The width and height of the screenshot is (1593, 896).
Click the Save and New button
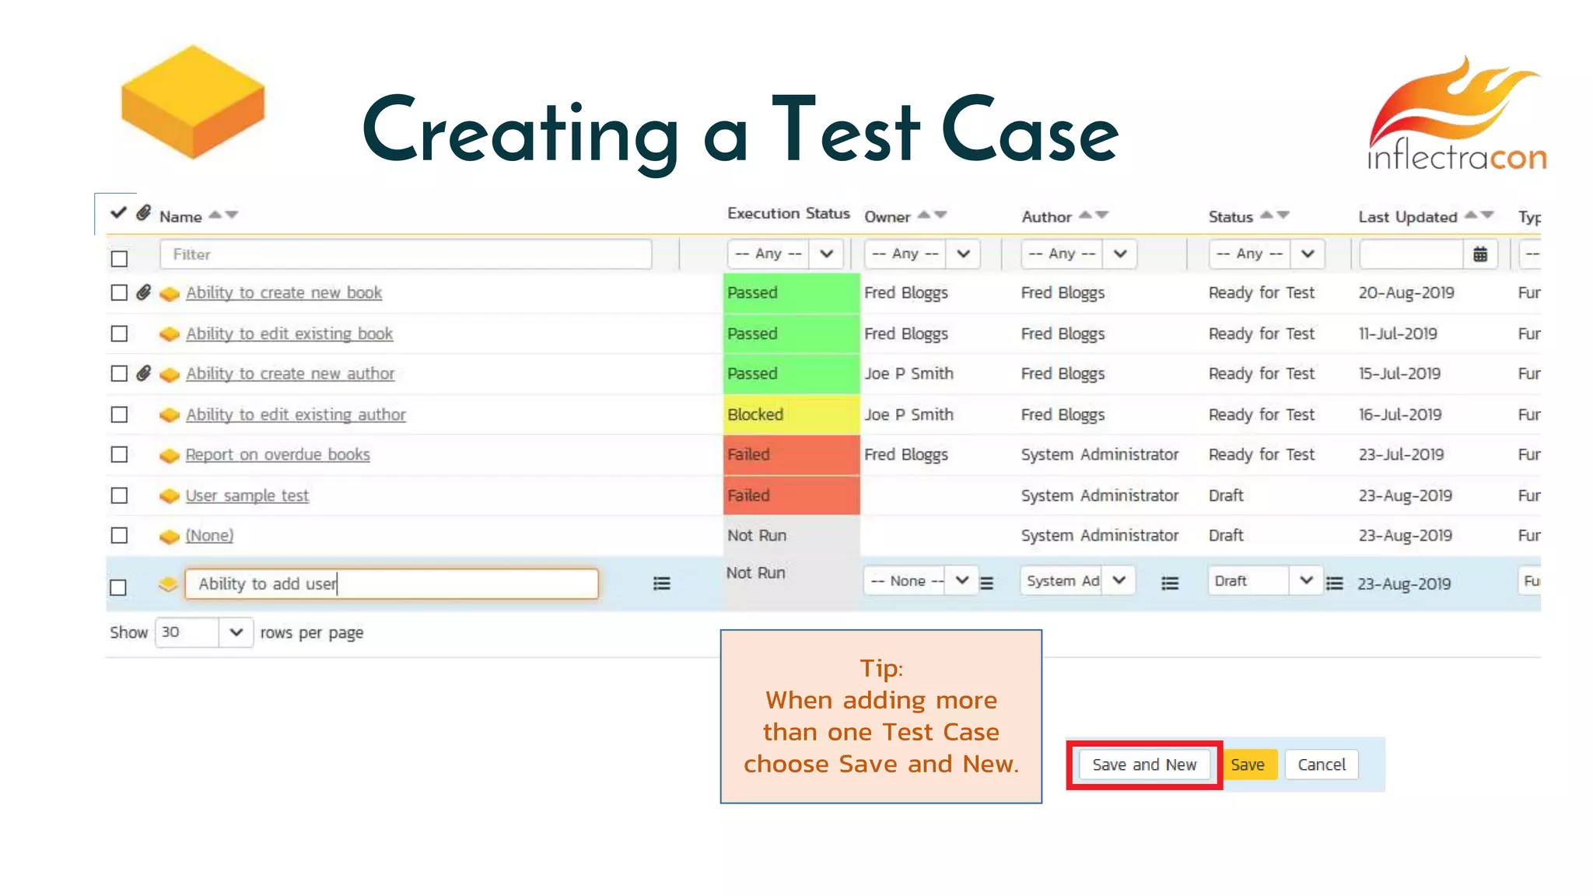(1143, 765)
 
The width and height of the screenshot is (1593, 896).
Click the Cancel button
(1321, 765)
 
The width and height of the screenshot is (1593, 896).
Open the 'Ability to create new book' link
(284, 293)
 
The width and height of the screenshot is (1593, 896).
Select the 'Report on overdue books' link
(278, 455)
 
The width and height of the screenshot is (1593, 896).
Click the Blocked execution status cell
(791, 415)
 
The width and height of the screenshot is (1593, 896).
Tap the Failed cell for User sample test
(791, 495)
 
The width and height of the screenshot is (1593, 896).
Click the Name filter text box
(405, 254)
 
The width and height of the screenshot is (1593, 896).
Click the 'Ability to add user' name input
(391, 584)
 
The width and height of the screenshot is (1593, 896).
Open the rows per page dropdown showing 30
(204, 632)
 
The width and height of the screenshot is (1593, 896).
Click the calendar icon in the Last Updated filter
(1480, 254)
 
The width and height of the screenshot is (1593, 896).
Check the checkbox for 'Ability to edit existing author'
(119, 415)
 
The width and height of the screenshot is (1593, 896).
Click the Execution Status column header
(788, 214)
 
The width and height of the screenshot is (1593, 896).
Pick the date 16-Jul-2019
(1400, 415)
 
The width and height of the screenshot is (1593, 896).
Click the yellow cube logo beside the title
(193, 103)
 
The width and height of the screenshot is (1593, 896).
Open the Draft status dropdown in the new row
(1264, 581)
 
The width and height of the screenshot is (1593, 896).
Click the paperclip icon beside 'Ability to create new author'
(144, 373)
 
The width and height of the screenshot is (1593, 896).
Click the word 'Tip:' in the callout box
(881, 669)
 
